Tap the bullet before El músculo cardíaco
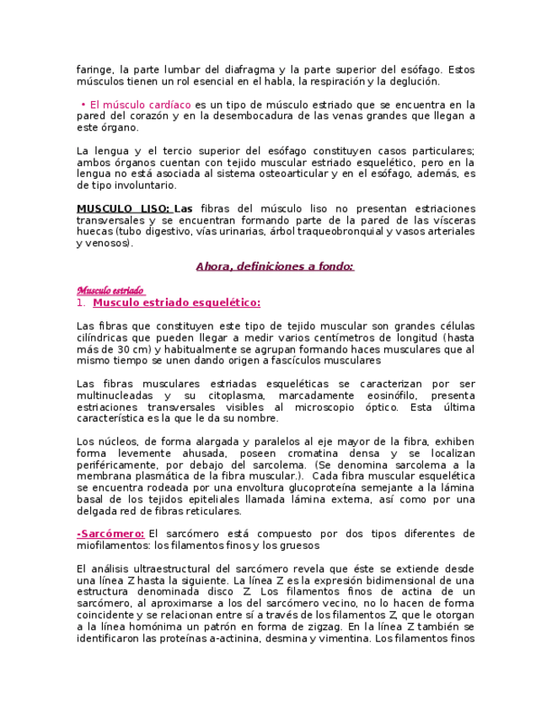click(x=84, y=104)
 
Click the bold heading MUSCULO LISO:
click(x=123, y=208)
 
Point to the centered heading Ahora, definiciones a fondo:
click(x=275, y=266)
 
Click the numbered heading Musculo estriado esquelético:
click(x=176, y=303)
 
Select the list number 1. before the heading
click(x=81, y=303)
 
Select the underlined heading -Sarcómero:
click(x=110, y=534)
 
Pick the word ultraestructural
click(x=172, y=569)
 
